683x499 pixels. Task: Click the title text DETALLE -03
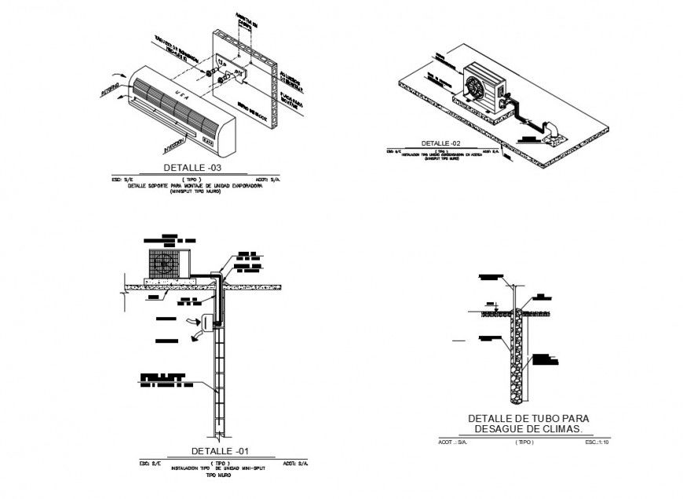(x=192, y=168)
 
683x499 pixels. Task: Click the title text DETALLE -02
(x=440, y=144)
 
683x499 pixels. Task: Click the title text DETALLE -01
(x=221, y=452)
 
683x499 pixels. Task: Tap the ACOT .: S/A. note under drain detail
(x=452, y=443)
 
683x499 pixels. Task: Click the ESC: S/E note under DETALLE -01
(x=150, y=464)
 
